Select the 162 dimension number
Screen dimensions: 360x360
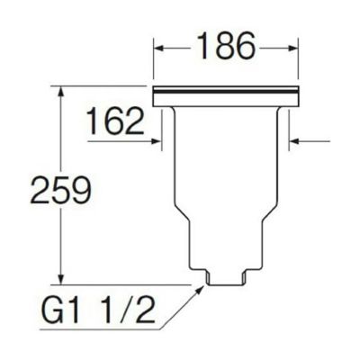coord(115,121)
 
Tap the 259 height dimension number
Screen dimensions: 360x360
coord(61,190)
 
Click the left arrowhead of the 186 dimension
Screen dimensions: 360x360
coord(159,48)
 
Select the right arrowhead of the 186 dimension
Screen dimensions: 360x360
coord(292,48)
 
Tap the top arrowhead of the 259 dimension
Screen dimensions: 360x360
coord(61,93)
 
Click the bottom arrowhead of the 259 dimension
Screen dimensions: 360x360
coord(61,278)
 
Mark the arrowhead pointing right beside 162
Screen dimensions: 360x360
coord(157,140)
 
